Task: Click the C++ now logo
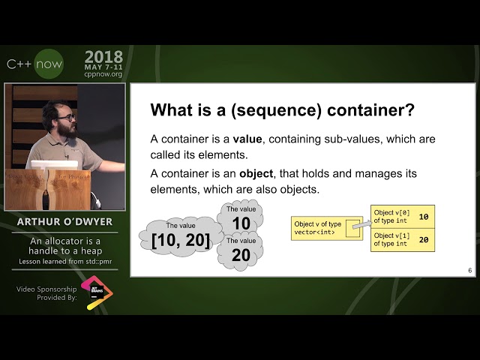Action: (x=34, y=64)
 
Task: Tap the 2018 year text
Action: (x=104, y=57)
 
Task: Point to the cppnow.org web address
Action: (x=104, y=75)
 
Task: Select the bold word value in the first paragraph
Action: (x=247, y=139)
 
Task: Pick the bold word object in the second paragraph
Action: (x=256, y=173)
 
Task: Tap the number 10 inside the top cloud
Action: (x=241, y=223)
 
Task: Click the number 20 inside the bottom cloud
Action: (x=241, y=255)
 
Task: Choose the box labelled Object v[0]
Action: (x=403, y=217)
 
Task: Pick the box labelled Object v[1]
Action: (x=403, y=240)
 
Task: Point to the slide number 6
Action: (x=469, y=271)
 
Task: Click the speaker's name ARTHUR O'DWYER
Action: (x=64, y=223)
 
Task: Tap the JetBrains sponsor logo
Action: (x=97, y=292)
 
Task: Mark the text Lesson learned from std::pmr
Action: (x=64, y=262)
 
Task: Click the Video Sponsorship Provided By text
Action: (x=46, y=293)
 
